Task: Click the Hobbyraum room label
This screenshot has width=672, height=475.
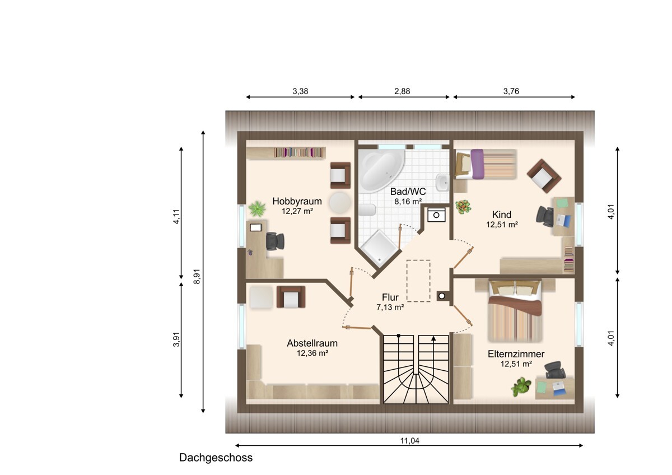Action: (297, 201)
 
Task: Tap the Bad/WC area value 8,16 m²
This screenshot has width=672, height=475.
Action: (408, 201)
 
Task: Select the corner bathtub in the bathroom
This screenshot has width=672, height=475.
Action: (381, 170)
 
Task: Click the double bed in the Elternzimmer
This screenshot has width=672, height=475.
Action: (515, 311)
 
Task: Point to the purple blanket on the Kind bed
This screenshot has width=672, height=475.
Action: (477, 164)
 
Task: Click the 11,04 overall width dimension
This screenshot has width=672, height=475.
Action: (410, 440)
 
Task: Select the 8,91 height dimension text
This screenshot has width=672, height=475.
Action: (197, 276)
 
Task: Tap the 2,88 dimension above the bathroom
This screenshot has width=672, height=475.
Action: (402, 91)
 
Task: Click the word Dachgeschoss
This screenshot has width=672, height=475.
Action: (216, 457)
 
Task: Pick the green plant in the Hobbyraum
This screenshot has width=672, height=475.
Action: (257, 208)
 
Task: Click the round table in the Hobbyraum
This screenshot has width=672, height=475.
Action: (340, 203)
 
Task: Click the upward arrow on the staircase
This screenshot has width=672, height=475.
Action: (433, 338)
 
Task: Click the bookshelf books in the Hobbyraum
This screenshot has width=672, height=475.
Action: (299, 152)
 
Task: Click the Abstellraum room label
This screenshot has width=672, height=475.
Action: (312, 343)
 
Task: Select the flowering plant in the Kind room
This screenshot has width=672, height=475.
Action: (463, 207)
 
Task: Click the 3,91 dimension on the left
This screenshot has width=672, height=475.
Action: (176, 339)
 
